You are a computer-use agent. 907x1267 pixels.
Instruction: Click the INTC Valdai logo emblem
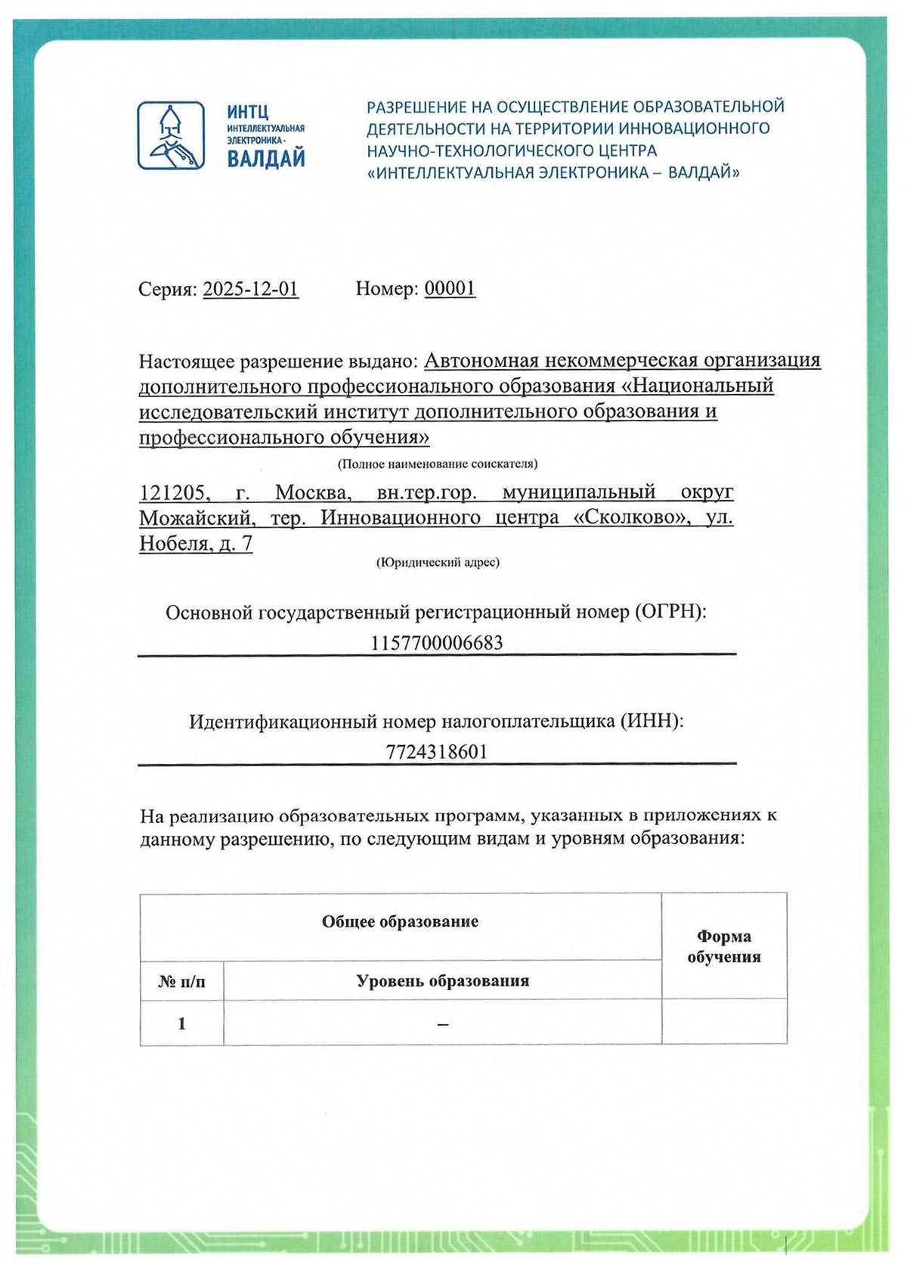pos(171,135)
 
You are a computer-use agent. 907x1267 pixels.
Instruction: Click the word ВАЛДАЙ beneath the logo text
pos(266,160)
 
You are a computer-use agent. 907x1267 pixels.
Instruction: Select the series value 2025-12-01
pos(251,289)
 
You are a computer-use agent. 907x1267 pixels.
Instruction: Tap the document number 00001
pos(450,288)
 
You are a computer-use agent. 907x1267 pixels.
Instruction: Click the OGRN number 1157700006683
pos(437,643)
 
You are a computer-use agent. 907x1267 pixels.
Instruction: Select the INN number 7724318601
pos(437,752)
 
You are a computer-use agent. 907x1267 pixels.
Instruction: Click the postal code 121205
pos(172,493)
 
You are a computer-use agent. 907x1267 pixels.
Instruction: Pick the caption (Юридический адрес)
pos(438,562)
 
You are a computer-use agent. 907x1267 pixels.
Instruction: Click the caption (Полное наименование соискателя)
pos(438,464)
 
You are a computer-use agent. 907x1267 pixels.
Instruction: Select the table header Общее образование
pos(400,921)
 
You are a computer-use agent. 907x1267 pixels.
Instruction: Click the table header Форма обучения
pos(723,947)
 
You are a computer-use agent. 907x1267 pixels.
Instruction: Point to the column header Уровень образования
pos(442,981)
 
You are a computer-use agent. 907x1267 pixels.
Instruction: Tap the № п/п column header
pos(181,982)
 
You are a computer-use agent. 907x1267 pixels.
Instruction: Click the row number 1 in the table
pos(181,1023)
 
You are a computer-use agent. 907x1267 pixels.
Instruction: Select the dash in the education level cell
pos(442,1024)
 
